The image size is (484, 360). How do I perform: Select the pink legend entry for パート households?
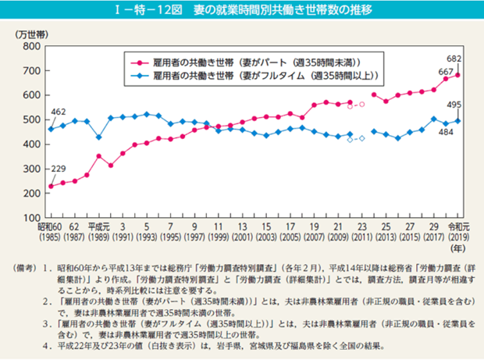coord(258,62)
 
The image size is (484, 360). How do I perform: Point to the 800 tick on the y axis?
coord(31,47)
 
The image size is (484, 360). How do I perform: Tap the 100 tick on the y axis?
coord(31,217)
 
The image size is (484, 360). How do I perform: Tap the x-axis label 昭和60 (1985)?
coord(50,230)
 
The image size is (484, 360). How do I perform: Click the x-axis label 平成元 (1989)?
coord(99,230)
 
